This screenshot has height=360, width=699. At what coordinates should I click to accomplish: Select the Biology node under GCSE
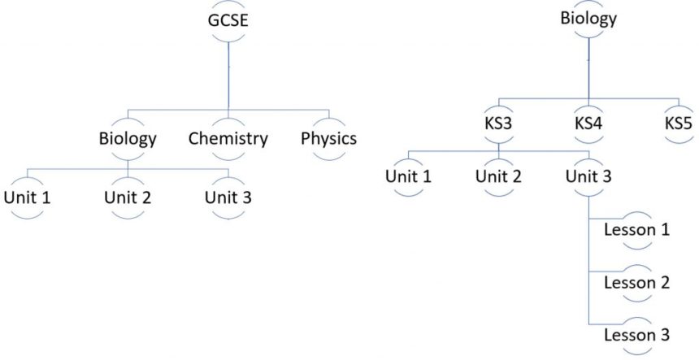(x=127, y=138)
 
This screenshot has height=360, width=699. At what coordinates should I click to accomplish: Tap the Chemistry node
(x=228, y=138)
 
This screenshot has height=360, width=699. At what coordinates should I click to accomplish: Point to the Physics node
(x=328, y=138)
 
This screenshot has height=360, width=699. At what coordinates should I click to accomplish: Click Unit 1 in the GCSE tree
(x=28, y=197)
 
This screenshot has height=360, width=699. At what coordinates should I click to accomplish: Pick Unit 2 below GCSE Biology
(x=128, y=197)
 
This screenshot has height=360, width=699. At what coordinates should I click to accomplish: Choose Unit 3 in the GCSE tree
(x=228, y=197)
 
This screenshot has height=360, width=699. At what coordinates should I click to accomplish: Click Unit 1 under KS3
(x=407, y=175)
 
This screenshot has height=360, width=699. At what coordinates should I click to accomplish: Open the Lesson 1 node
(x=636, y=229)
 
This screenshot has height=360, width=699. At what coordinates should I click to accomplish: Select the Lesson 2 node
(x=636, y=283)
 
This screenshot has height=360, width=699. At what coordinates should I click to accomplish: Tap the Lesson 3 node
(x=636, y=335)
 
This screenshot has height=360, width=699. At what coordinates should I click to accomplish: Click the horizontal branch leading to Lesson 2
(x=605, y=270)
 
